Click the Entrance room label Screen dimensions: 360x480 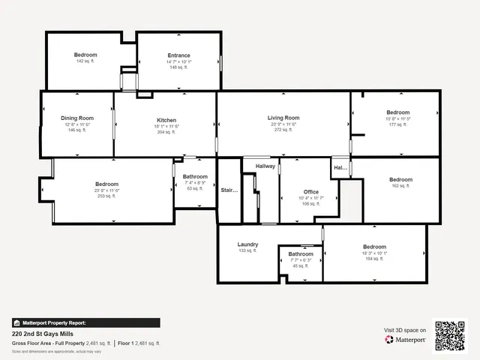pos(178,55)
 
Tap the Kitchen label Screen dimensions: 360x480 pos(166,121)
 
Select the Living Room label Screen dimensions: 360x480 pos(283,118)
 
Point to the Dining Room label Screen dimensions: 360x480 pos(77,118)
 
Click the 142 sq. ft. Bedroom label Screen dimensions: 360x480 pos(85,55)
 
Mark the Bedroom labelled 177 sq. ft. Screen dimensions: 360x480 pos(397,112)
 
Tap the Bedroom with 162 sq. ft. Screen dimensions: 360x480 pos(400,180)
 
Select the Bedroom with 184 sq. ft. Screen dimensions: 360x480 pos(374,247)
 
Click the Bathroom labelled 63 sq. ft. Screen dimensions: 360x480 pos(195,177)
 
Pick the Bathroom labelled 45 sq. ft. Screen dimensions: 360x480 pos(301,254)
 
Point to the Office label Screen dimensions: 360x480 pos(310,192)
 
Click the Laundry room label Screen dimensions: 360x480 pos(247,244)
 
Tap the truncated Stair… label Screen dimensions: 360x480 pos(229,190)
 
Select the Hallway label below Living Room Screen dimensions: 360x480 pos(265,166)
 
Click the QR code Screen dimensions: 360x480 pos(450,335)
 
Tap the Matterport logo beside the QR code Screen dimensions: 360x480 pos(406,340)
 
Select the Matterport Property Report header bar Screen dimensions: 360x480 pos(85,322)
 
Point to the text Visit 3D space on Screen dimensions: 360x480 pos(405,330)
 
